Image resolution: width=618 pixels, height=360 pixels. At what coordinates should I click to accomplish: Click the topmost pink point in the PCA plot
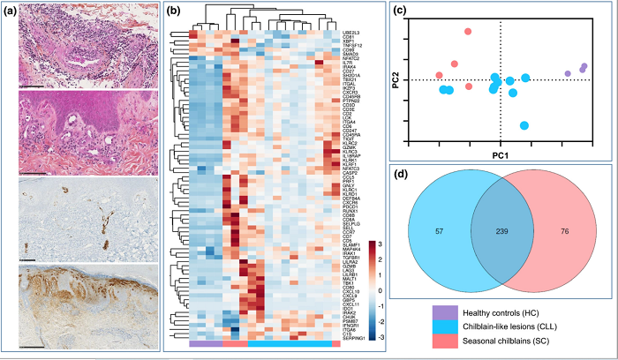point(467,32)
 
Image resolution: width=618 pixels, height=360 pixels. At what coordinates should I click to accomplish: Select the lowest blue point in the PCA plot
point(524,126)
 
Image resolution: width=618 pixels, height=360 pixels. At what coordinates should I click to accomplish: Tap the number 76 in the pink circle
point(565,231)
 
